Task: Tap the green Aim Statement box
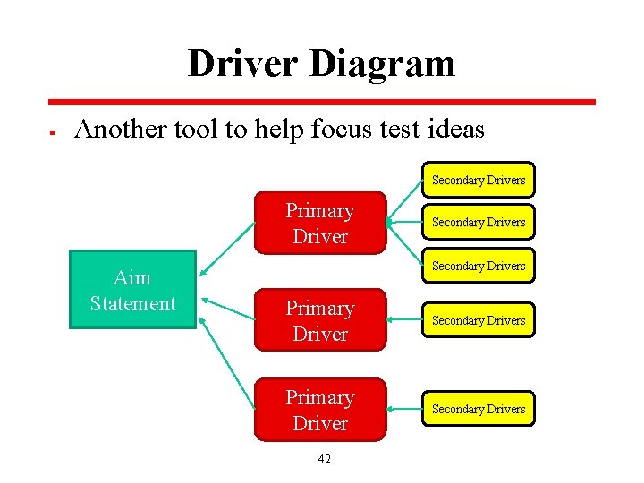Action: pos(132,290)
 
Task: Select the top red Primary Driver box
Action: pos(319,223)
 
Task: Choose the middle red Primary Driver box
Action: pos(319,320)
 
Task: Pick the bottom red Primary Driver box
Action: pos(319,410)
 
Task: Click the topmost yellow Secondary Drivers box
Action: pos(479,180)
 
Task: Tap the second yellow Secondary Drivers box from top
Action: pos(479,222)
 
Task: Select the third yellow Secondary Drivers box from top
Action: pos(479,266)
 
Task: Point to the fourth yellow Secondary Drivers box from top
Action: pos(479,320)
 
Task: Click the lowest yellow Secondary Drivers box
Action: pos(479,409)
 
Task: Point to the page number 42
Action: pos(324,459)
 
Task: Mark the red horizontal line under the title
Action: pos(322,102)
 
